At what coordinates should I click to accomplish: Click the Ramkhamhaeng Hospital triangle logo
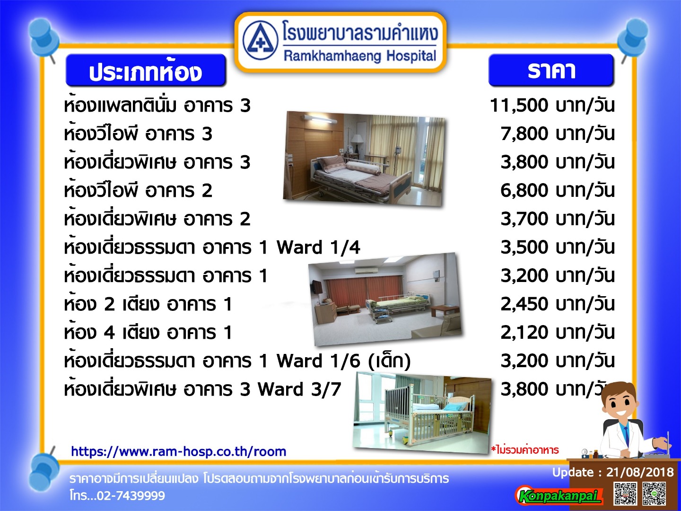260,41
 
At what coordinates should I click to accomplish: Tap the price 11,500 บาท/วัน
552,105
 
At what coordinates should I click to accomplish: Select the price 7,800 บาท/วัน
557,134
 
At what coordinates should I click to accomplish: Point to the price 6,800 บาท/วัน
557,190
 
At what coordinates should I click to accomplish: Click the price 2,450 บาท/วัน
557,304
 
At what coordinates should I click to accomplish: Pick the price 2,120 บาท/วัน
557,332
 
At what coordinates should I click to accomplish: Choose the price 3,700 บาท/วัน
557,219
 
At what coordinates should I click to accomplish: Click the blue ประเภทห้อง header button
146,70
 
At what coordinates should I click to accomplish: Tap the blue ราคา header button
551,70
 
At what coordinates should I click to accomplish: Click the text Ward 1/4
318,247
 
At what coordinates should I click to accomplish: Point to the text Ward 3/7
299,389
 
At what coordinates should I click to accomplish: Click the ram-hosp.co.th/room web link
178,452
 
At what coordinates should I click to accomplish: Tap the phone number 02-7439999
131,496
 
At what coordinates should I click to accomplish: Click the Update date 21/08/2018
640,472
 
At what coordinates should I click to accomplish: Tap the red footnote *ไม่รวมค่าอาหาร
524,450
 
